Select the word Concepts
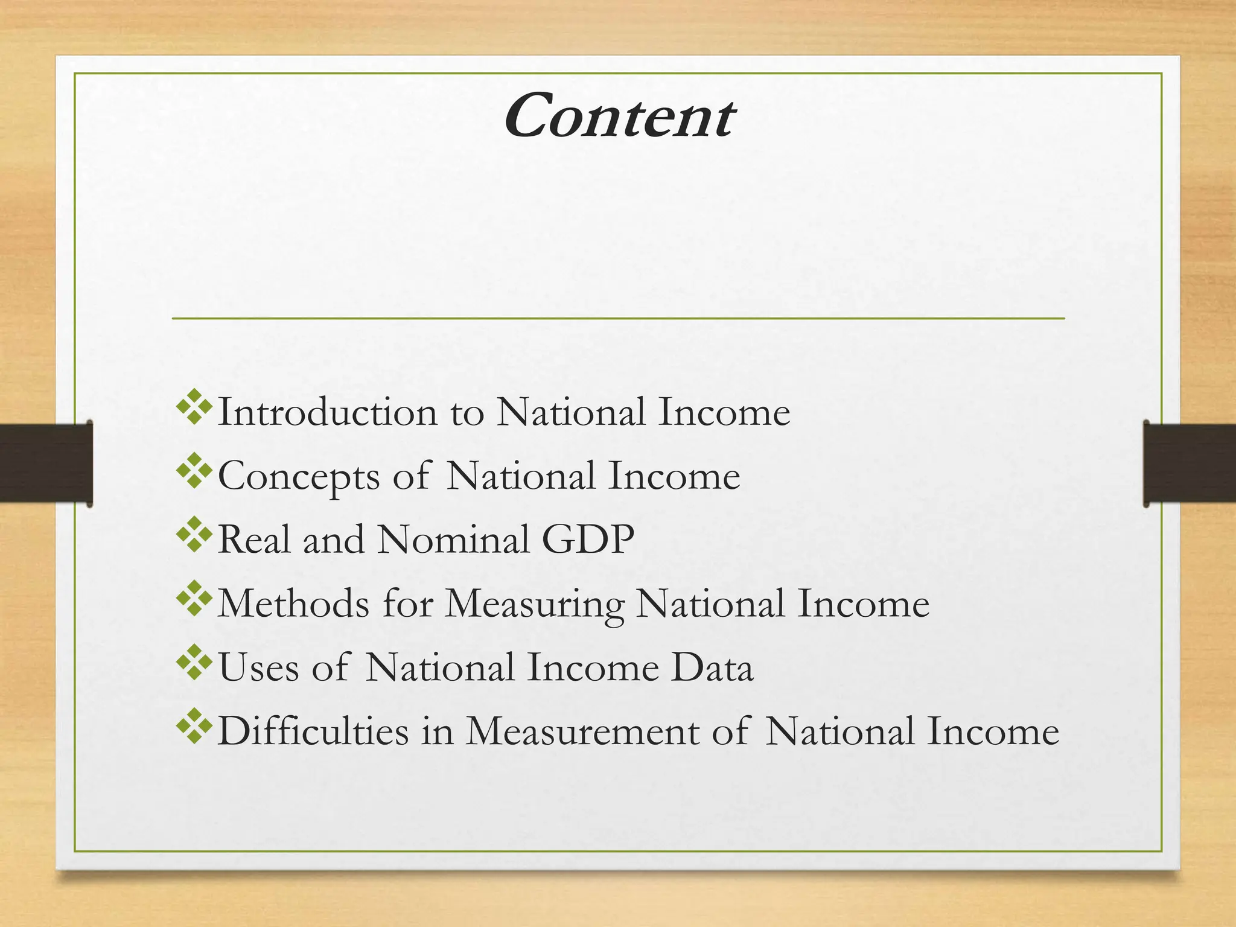click(299, 476)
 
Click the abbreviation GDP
click(588, 539)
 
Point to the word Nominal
click(453, 539)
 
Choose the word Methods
click(293, 603)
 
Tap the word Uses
click(258, 667)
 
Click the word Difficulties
click(313, 731)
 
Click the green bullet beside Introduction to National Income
click(194, 407)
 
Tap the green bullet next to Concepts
click(194, 471)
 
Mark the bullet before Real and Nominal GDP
click(194, 534)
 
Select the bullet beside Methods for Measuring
click(194, 598)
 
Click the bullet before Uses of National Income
click(194, 662)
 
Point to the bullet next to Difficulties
click(194, 726)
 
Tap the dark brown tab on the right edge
click(1189, 463)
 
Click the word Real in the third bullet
click(253, 539)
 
